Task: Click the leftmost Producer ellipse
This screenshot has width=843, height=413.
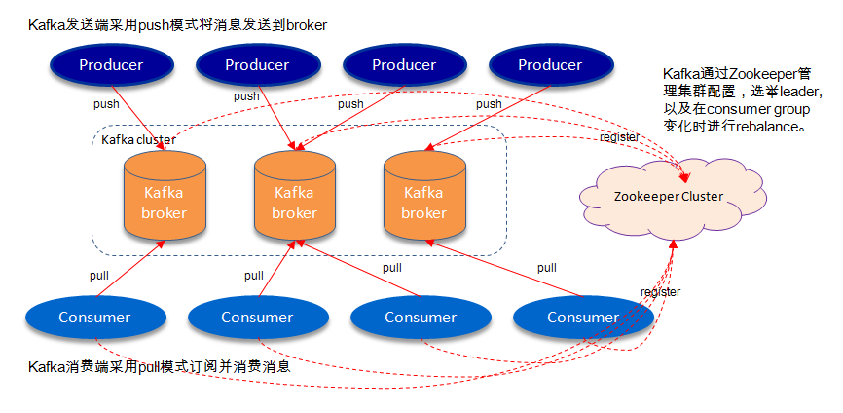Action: [111, 65]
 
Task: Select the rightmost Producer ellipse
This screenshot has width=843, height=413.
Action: [550, 65]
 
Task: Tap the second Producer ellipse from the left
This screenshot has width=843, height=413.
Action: [257, 65]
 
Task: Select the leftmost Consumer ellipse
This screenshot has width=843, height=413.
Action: [94, 317]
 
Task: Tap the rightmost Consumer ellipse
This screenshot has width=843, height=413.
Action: [583, 317]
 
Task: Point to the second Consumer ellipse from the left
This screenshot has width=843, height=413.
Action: [257, 317]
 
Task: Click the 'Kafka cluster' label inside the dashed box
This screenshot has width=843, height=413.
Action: [139, 139]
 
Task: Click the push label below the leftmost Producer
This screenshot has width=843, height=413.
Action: [107, 104]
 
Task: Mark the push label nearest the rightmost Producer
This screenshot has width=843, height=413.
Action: [489, 104]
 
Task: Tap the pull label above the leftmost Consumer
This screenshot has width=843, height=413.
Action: [99, 276]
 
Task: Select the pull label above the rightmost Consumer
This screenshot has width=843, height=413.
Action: [547, 268]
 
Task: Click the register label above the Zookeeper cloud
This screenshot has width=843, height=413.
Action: [619, 137]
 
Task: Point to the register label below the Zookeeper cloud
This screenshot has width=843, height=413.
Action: [660, 292]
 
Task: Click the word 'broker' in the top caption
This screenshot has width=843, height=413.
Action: [306, 24]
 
